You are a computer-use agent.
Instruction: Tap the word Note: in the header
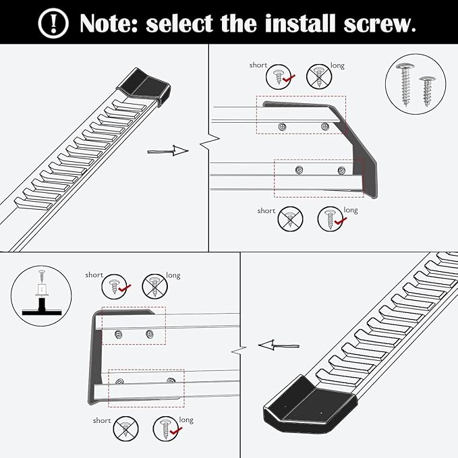108,23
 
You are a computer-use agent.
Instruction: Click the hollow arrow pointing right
168,151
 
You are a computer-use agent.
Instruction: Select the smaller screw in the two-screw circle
426,90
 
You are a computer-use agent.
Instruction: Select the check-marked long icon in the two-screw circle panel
329,219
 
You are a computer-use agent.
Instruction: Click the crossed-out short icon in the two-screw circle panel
289,219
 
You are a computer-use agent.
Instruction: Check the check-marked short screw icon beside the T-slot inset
114,287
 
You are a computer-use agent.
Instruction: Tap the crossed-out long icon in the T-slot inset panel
154,287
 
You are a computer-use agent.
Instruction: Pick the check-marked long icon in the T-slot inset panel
166,428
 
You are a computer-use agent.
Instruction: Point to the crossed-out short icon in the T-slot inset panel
125,428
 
